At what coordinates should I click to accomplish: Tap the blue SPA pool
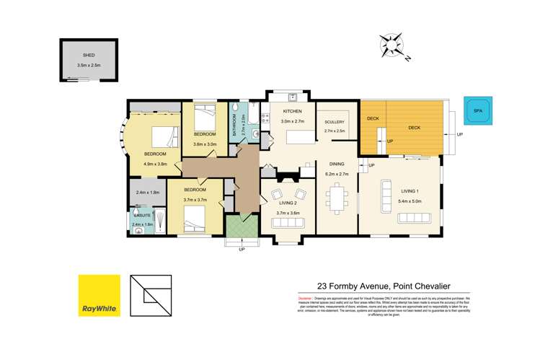pyautogui.click(x=477, y=111)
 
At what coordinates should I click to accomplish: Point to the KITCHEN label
pyautogui.click(x=291, y=111)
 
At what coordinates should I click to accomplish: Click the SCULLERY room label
pyautogui.click(x=335, y=122)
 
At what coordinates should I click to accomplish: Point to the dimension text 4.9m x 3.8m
pyautogui.click(x=155, y=164)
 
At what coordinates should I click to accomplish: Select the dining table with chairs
pyautogui.click(x=337, y=196)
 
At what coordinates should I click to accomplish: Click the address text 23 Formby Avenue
pyautogui.click(x=347, y=284)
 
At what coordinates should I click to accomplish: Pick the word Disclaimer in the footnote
pyautogui.click(x=305, y=297)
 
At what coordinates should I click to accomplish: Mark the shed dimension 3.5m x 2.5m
pyautogui.click(x=89, y=66)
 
